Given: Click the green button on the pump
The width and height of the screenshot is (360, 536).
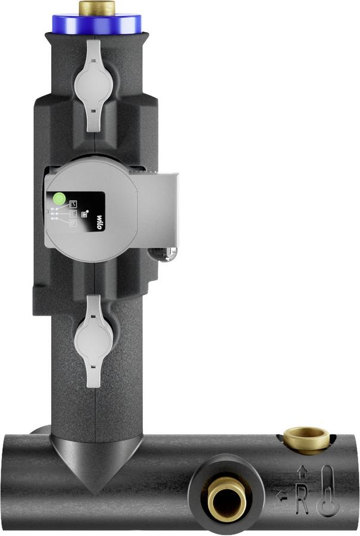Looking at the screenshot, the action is [59, 198].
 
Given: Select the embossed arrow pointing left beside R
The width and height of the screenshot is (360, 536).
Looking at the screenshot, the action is [283, 497].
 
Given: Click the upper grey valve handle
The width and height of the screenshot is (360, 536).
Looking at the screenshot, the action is [93, 85].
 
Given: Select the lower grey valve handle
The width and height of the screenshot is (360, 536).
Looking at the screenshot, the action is [93, 341].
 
